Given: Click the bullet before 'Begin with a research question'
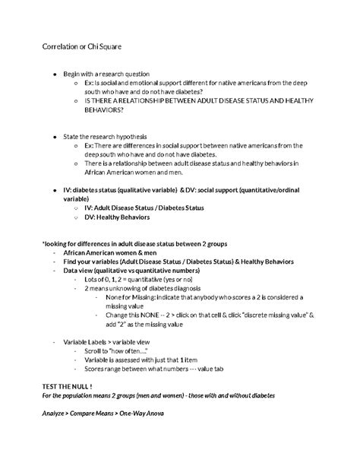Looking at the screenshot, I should [x=53, y=74].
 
